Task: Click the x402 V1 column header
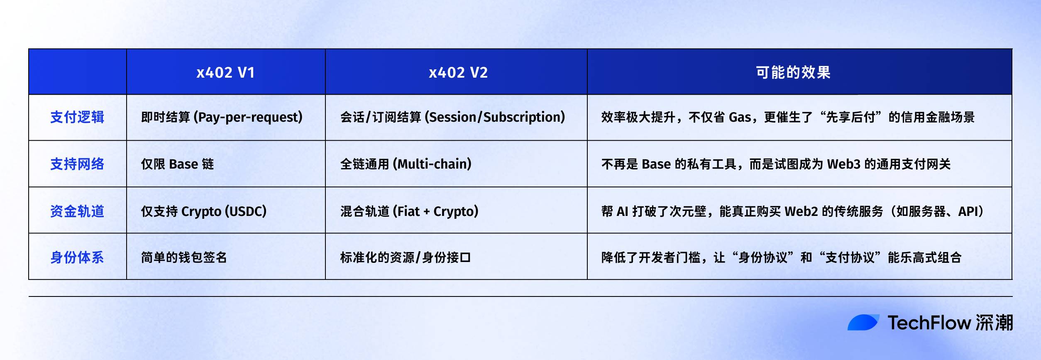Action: (225, 73)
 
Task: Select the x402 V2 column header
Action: (458, 73)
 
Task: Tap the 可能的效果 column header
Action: (793, 73)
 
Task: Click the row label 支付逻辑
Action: (77, 118)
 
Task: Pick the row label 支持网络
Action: (77, 164)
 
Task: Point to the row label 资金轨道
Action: (77, 211)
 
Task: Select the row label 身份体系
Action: (77, 257)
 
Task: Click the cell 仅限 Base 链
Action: (177, 164)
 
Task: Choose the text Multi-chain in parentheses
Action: (434, 164)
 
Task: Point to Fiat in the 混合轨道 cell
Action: (408, 211)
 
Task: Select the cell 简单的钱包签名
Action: (184, 257)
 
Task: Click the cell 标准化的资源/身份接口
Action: (405, 257)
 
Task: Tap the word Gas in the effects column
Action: (740, 118)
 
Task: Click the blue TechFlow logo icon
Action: (863, 323)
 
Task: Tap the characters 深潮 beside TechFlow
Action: (994, 323)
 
